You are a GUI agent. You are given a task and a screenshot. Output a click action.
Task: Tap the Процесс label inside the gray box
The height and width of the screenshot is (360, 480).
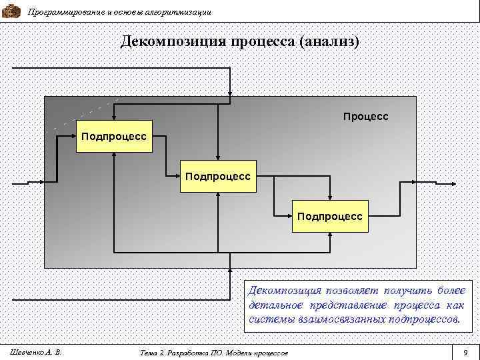point(365,117)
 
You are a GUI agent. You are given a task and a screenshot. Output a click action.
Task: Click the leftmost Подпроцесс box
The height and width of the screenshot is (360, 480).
point(115,136)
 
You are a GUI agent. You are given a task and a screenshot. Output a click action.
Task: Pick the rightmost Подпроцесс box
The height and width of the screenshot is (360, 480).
point(331,216)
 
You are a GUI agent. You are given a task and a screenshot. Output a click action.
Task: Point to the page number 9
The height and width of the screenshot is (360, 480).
point(465,351)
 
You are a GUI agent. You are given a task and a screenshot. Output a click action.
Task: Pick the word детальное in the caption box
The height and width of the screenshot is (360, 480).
point(275,305)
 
